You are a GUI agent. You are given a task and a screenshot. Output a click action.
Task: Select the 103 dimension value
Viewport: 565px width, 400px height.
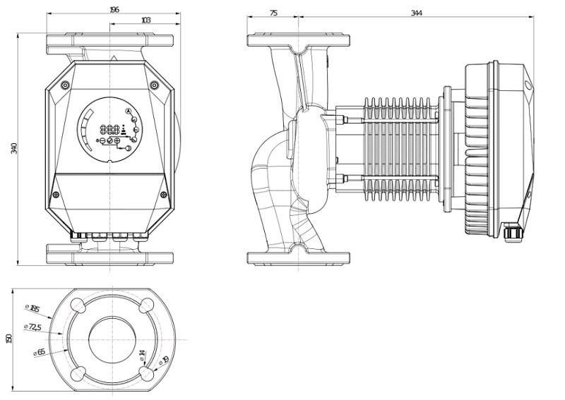145,20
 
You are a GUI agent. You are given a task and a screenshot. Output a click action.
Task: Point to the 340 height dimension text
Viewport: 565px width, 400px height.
13,150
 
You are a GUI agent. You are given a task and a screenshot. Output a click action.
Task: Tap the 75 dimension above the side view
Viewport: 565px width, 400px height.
274,13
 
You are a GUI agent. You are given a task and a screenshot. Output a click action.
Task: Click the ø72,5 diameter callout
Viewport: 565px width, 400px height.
32,327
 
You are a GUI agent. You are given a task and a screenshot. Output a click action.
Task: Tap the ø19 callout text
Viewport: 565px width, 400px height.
164,362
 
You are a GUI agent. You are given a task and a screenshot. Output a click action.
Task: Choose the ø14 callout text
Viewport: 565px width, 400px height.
141,353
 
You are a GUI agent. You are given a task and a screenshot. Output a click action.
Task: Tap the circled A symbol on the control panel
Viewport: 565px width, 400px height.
128,111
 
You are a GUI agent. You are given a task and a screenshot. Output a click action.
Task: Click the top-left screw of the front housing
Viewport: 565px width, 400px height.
65,85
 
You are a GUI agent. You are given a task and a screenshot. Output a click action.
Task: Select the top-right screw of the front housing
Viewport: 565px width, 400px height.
154,85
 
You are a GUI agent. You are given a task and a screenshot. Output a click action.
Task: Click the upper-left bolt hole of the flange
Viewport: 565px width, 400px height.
79,305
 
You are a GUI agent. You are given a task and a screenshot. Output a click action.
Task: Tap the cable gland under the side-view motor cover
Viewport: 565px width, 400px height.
513,230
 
